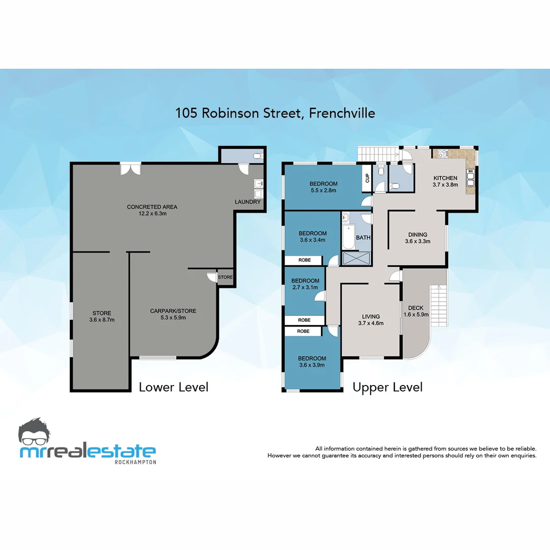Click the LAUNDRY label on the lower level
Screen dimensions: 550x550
(248, 202)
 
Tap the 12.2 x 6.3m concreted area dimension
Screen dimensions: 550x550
(152, 214)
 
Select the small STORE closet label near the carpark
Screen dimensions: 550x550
(226, 278)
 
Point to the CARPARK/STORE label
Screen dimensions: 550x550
(173, 311)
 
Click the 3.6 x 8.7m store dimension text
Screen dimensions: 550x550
(102, 320)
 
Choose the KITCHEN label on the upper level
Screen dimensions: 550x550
(446, 178)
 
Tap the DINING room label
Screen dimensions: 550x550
(418, 235)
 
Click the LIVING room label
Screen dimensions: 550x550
(371, 316)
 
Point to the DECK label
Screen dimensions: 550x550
(416, 308)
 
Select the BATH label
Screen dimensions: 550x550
(363, 238)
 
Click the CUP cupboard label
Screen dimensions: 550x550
(367, 178)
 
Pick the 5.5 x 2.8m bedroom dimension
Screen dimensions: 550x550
(323, 190)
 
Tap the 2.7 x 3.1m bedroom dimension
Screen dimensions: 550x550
(306, 287)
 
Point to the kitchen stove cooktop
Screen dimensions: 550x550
(439, 152)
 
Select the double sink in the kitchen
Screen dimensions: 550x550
(471, 180)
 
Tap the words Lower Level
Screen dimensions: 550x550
(174, 387)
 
